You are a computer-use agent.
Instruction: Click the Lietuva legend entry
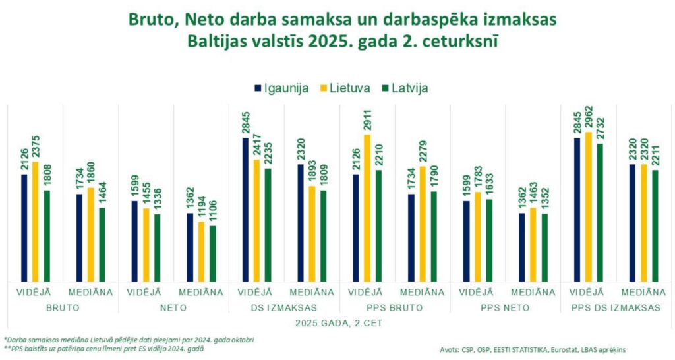pyautogui.click(x=345, y=88)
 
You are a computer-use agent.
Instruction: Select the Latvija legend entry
pyautogui.click(x=407, y=88)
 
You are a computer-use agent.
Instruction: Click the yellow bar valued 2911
pyautogui.click(x=367, y=207)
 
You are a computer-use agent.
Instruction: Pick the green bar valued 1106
pyautogui.click(x=212, y=253)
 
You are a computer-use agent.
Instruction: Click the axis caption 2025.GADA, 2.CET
pyautogui.click(x=337, y=324)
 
